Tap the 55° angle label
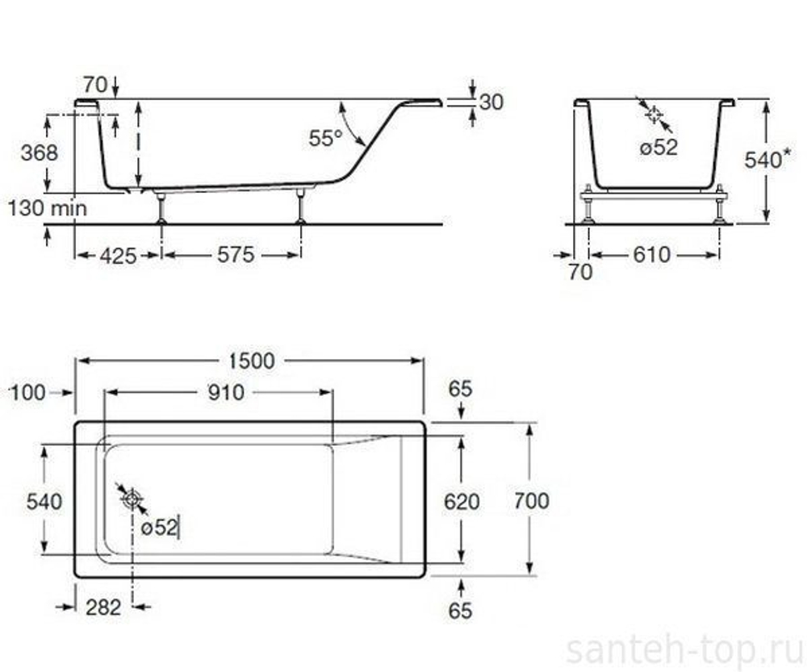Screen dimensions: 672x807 tap(326, 138)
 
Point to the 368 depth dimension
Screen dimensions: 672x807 tap(40, 152)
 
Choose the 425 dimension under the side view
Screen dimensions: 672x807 tap(116, 255)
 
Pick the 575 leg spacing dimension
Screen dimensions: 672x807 tap(236, 255)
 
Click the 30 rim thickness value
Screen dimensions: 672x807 tap(491, 102)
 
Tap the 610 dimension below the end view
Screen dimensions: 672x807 tap(651, 255)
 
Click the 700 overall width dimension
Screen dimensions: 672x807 tap(531, 500)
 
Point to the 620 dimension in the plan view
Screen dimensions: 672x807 tap(462, 502)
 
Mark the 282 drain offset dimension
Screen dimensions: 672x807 tap(102, 607)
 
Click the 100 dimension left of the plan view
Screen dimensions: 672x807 tap(28, 392)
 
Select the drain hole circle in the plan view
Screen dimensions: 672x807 tap(131, 499)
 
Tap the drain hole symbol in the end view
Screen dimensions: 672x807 tap(654, 115)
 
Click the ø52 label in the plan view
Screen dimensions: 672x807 tap(158, 528)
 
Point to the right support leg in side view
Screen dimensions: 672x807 tap(301, 207)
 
